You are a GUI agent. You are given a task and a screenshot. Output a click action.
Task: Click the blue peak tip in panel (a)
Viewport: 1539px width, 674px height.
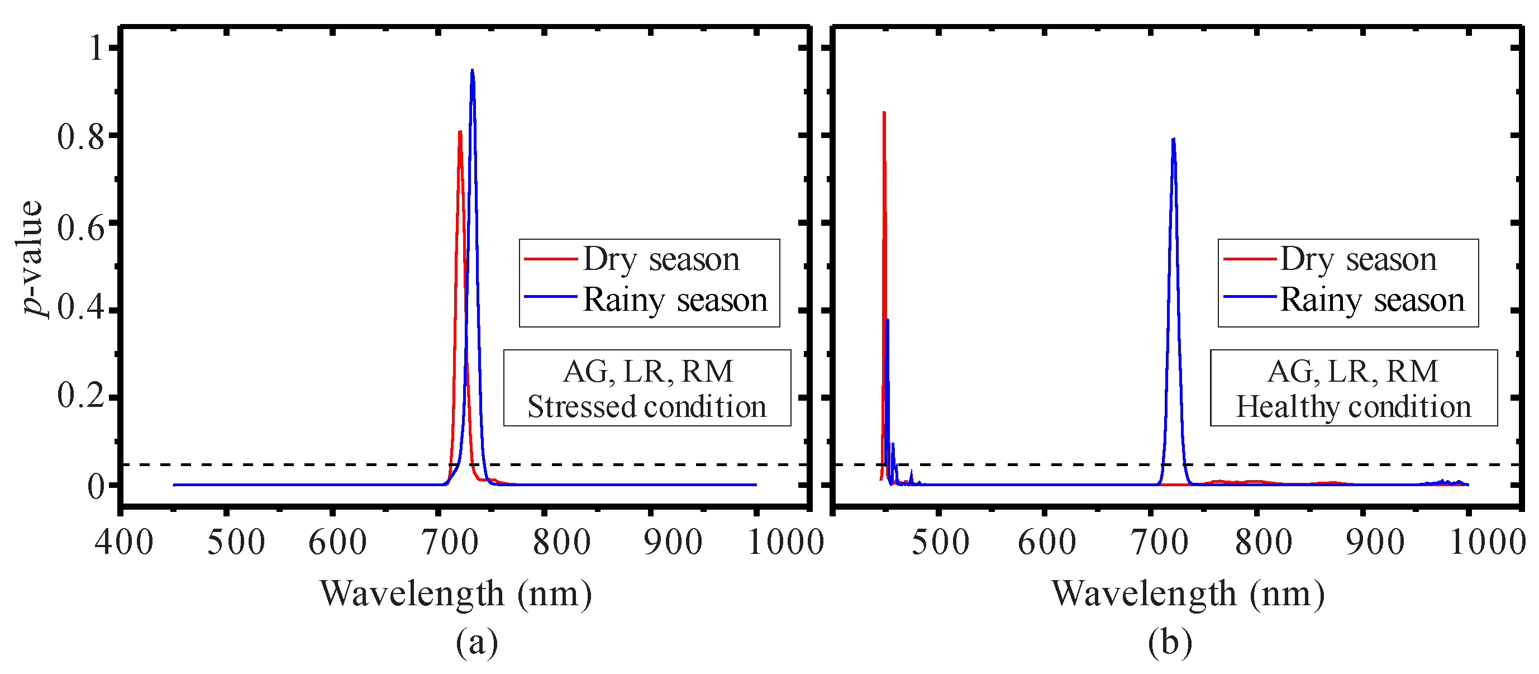click(x=472, y=70)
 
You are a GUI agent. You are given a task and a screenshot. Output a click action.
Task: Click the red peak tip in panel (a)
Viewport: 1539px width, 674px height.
click(x=459, y=132)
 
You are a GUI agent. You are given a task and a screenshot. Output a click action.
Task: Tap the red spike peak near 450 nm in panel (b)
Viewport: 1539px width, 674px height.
click(x=884, y=112)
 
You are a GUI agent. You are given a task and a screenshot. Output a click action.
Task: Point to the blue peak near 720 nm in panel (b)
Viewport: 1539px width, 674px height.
click(x=1173, y=139)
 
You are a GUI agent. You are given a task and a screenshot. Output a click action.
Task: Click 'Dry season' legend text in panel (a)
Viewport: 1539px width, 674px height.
click(x=661, y=259)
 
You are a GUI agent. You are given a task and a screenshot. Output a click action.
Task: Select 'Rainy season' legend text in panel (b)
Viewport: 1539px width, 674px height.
click(x=1372, y=300)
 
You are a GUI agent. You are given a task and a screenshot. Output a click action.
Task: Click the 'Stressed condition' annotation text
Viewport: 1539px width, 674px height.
click(x=646, y=407)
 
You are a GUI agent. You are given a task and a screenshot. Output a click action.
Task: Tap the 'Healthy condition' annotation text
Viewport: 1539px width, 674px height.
click(x=1353, y=407)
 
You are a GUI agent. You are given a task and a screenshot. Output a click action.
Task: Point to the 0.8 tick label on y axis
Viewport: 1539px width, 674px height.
click(x=80, y=137)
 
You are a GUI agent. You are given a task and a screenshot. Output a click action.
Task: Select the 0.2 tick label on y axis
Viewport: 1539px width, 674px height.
click(x=80, y=396)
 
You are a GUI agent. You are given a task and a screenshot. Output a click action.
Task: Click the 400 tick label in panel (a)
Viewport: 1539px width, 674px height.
click(x=123, y=543)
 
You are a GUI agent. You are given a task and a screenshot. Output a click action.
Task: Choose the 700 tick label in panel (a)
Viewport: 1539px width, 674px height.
click(x=450, y=543)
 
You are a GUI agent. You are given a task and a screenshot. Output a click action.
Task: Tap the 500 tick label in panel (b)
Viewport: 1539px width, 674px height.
click(x=940, y=543)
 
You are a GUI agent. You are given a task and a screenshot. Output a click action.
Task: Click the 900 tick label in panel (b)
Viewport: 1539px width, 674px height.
click(x=1375, y=543)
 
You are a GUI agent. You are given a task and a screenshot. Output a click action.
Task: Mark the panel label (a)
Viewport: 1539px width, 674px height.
click(x=476, y=642)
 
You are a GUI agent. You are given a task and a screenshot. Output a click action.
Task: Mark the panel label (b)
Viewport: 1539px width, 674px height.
click(x=1169, y=642)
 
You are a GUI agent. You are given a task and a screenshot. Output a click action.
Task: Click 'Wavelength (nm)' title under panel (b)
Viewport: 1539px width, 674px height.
click(x=1188, y=594)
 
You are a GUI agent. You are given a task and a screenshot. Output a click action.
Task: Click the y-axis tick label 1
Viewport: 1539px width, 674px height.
click(x=96, y=48)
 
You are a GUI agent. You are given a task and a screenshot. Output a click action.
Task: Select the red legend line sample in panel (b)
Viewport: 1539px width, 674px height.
click(x=1249, y=259)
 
